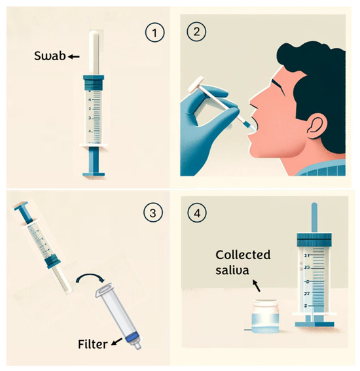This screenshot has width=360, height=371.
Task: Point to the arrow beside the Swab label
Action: tap(73, 58)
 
